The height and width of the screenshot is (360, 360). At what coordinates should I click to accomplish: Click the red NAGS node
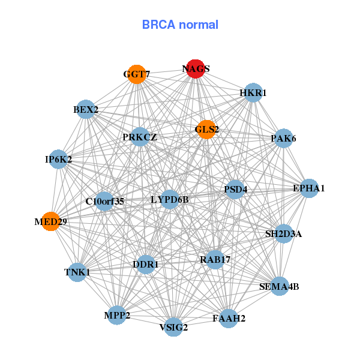(x=196, y=69)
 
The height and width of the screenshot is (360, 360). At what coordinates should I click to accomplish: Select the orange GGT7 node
(x=137, y=74)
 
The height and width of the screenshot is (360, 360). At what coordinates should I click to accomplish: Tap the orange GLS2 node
(x=206, y=129)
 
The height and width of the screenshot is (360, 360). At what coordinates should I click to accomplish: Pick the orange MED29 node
(x=50, y=221)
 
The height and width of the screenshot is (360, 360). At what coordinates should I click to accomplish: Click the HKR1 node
(x=253, y=92)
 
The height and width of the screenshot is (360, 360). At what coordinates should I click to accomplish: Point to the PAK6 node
(x=283, y=139)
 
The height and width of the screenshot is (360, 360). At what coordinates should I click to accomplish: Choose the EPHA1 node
(x=308, y=188)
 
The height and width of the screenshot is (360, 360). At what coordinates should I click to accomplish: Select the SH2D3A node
(x=284, y=233)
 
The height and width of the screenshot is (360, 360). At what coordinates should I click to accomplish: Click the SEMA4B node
(x=278, y=286)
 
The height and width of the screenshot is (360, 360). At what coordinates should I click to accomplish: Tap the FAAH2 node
(x=229, y=318)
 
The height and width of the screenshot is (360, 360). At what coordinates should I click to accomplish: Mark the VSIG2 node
(x=174, y=327)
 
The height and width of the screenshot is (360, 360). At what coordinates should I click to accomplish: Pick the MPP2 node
(x=117, y=315)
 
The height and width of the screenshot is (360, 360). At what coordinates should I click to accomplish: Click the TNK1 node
(x=77, y=272)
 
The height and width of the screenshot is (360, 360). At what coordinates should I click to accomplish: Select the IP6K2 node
(x=58, y=159)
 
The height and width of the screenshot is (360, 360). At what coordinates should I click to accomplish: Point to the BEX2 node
(x=86, y=110)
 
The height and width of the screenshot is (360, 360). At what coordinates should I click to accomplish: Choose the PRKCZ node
(x=140, y=137)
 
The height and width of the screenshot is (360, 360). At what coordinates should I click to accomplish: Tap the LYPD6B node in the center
(x=170, y=199)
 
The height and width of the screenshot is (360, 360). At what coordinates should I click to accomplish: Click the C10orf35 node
(x=104, y=201)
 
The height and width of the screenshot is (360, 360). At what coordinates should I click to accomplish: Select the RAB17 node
(x=215, y=259)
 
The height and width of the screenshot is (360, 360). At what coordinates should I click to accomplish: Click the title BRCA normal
(x=180, y=25)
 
